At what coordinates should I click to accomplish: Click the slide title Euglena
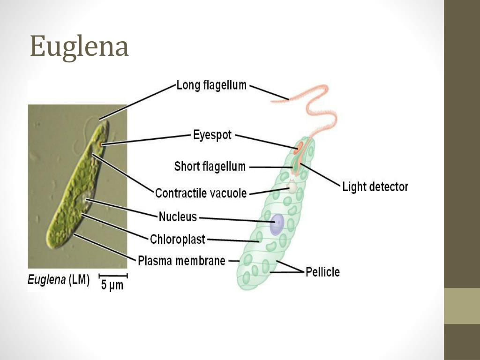(79, 47)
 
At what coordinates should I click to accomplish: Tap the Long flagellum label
(211, 85)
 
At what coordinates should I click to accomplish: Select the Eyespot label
(212, 135)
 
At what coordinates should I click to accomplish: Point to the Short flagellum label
(210, 166)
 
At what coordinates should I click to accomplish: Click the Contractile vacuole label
(201, 193)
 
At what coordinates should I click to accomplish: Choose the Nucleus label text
(178, 217)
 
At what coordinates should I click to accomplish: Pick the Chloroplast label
(178, 240)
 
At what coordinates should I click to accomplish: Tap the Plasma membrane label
(181, 261)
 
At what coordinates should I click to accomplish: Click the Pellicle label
(322, 272)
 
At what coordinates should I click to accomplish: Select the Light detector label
(375, 187)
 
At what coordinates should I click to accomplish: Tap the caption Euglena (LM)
(59, 280)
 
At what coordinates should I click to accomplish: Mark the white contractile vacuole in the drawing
(292, 188)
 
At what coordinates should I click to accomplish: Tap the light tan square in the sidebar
(462, 306)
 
